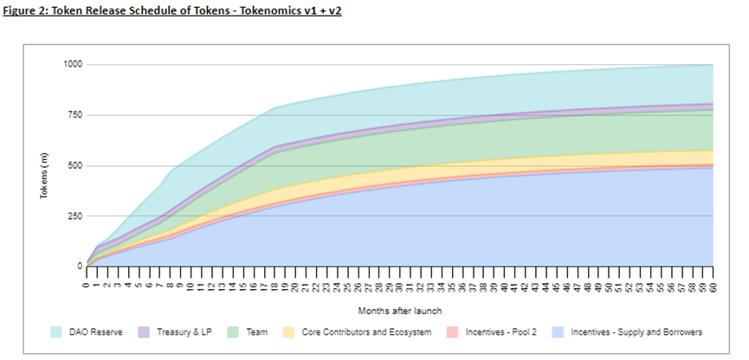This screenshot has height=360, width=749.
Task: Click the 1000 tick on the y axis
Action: coord(70,64)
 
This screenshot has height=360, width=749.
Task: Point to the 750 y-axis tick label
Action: coord(73,115)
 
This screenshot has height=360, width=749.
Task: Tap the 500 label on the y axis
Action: coord(73,165)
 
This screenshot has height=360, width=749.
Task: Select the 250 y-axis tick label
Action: coord(73,216)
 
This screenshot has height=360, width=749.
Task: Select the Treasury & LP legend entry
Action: coord(179,331)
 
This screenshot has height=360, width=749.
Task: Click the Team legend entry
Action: coord(250,331)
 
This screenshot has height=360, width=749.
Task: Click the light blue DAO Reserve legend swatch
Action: coord(55,331)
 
